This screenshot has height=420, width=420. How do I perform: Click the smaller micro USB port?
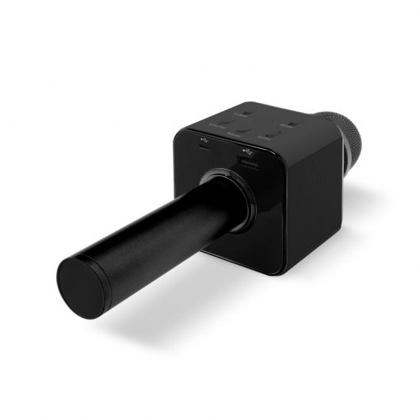pos(204,147)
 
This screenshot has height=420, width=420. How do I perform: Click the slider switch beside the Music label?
pos(245,128)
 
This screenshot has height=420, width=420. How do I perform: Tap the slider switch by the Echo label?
pos(273,132)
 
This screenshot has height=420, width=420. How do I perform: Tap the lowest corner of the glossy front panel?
pos(277,271)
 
